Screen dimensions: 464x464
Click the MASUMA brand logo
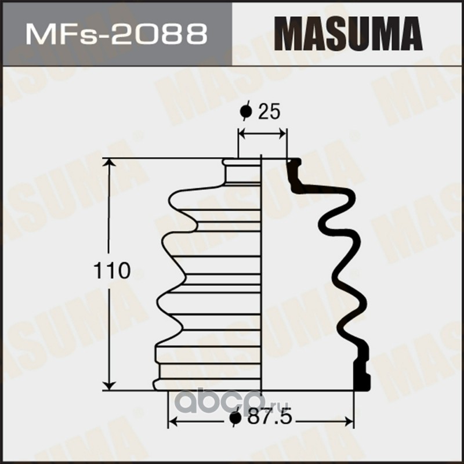tap(348, 34)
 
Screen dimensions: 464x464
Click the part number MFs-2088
tap(117, 34)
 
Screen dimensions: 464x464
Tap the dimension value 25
tap(269, 111)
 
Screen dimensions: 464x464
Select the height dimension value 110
tap(112, 270)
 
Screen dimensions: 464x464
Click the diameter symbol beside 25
tap(246, 111)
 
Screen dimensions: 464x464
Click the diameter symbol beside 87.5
tap(236, 417)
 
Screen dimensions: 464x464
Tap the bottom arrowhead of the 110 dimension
tap(110, 385)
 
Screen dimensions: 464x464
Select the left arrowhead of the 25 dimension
tap(242, 134)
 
